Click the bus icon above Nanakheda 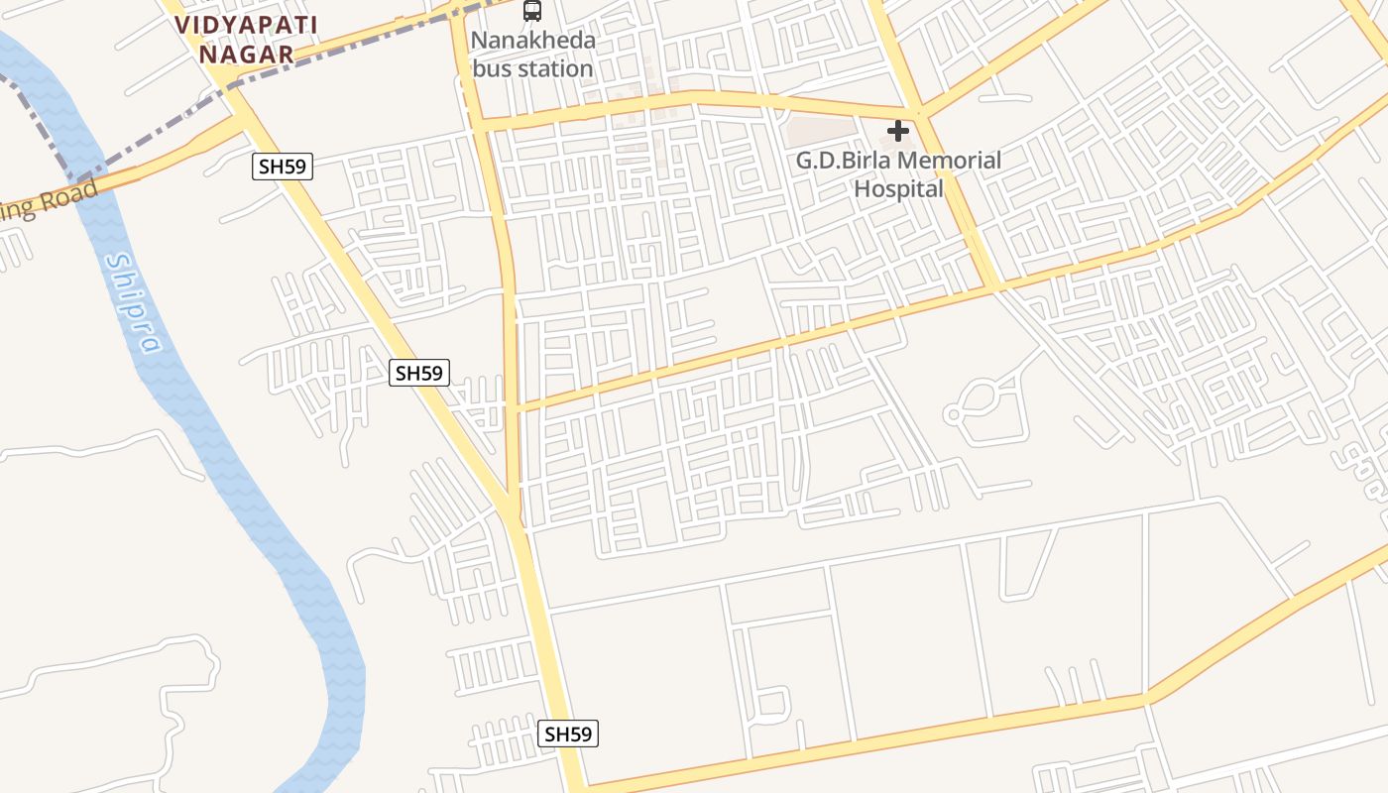(x=532, y=11)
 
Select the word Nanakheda (x=533, y=41)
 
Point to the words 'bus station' (x=532, y=68)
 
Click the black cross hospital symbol (x=898, y=131)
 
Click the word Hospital (x=899, y=187)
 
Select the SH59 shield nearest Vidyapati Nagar (x=283, y=167)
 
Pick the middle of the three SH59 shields (x=419, y=373)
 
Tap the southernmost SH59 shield (x=569, y=734)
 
